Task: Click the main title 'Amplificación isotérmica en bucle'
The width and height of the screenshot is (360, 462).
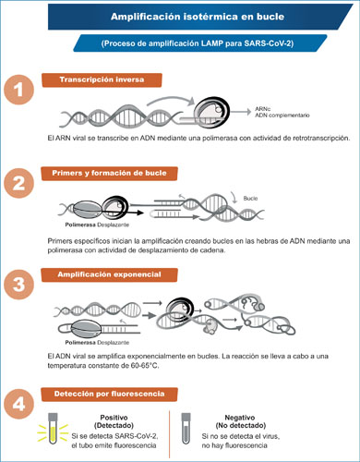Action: pos(198,17)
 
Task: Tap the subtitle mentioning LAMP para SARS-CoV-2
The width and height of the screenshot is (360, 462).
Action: pos(198,43)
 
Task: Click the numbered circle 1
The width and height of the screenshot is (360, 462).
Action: pos(18,90)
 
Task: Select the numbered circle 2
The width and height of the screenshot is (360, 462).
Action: pos(18,183)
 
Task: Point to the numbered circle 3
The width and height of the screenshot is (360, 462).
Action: pos(18,284)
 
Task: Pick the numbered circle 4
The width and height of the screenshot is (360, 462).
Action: pos(18,404)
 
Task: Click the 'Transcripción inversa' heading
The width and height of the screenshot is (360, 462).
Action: pos(102,79)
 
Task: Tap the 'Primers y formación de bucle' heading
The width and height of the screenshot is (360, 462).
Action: pos(109,173)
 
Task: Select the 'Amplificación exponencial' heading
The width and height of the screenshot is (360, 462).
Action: pos(109,274)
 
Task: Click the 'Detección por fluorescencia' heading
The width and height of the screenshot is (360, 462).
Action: pos(109,394)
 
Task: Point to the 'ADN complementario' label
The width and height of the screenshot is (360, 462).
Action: pos(282,115)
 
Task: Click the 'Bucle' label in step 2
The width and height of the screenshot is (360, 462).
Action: pos(250,199)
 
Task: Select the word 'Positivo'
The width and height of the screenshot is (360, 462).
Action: pos(114,418)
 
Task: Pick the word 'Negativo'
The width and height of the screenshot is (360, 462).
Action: pos(240,418)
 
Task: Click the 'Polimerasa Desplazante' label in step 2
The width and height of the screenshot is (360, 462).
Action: pos(97,225)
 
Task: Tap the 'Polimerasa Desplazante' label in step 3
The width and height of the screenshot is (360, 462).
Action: pos(97,343)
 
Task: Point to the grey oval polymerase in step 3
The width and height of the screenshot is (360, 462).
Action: pos(86,329)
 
